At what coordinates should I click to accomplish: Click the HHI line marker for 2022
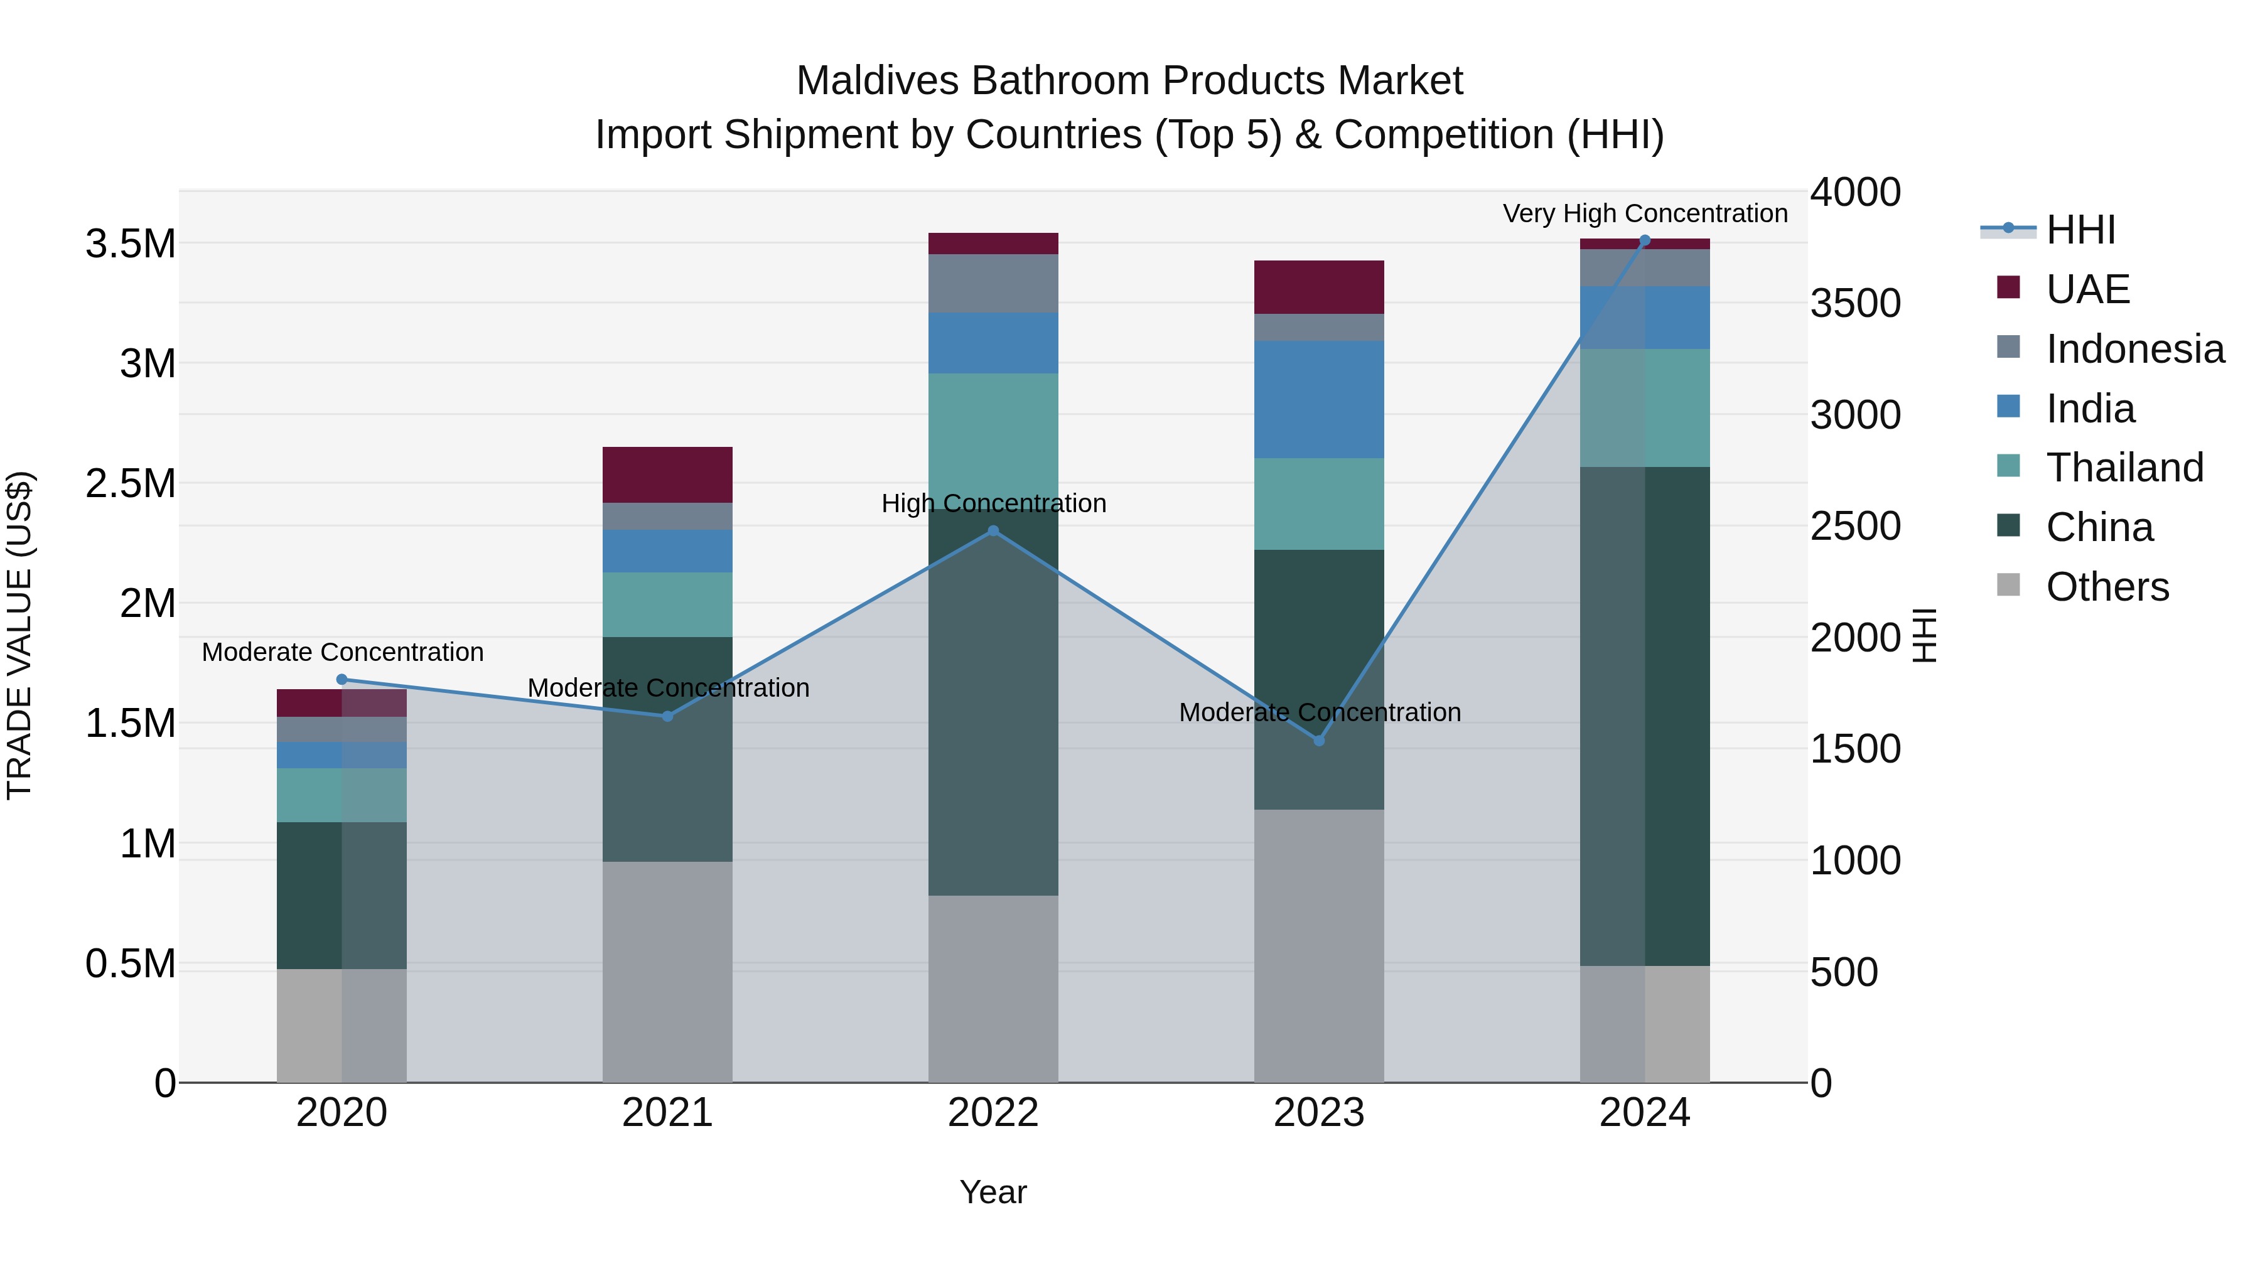(993, 530)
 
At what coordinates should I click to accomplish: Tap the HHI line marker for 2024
(1645, 240)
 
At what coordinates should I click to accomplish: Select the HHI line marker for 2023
(1318, 741)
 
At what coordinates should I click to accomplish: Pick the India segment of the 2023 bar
(1318, 399)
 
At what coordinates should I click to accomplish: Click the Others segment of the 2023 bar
(1318, 946)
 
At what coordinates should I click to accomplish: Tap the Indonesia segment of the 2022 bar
(993, 283)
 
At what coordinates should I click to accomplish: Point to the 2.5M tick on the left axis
(131, 483)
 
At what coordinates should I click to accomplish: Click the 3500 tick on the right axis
(1854, 304)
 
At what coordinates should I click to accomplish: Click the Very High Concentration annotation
(1645, 213)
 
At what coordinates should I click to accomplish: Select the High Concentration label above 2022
(993, 503)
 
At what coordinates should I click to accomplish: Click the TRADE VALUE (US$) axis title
(20, 635)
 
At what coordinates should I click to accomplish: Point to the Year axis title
(993, 1192)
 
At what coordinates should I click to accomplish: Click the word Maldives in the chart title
(878, 81)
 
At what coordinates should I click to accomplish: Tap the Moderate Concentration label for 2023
(1318, 712)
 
